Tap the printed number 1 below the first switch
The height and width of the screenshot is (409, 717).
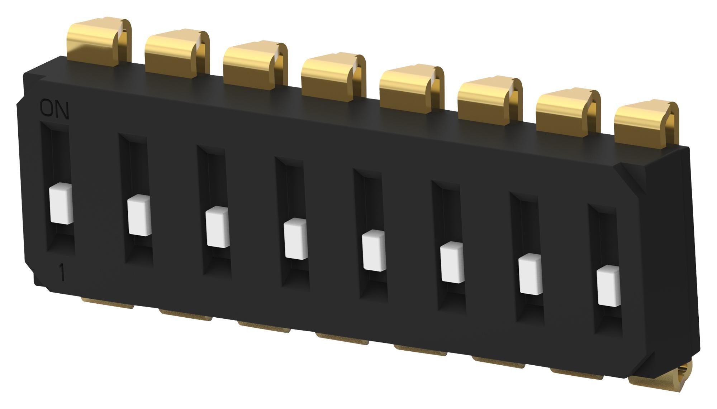62,273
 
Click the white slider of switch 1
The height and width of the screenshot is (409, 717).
61,204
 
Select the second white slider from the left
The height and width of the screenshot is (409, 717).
139,215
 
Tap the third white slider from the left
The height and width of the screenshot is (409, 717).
218,227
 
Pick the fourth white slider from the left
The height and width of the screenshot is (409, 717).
296,239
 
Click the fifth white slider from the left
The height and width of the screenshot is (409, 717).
374,250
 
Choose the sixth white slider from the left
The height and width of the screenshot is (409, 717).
452,262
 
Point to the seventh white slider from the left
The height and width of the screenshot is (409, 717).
531,274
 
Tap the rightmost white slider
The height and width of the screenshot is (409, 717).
609,286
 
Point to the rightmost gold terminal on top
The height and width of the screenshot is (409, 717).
645,124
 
